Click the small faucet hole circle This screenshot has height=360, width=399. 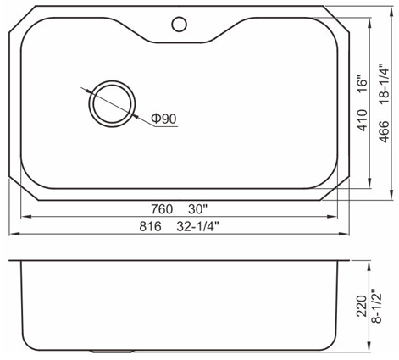(x=179, y=18)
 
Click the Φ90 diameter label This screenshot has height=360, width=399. (x=163, y=119)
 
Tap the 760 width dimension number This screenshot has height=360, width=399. (x=162, y=209)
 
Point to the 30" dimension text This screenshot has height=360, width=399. (x=198, y=209)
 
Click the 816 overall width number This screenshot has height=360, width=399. (x=150, y=226)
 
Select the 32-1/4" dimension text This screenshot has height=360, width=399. (x=198, y=226)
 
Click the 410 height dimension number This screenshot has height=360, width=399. (x=363, y=120)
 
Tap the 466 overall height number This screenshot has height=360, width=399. (x=384, y=131)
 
